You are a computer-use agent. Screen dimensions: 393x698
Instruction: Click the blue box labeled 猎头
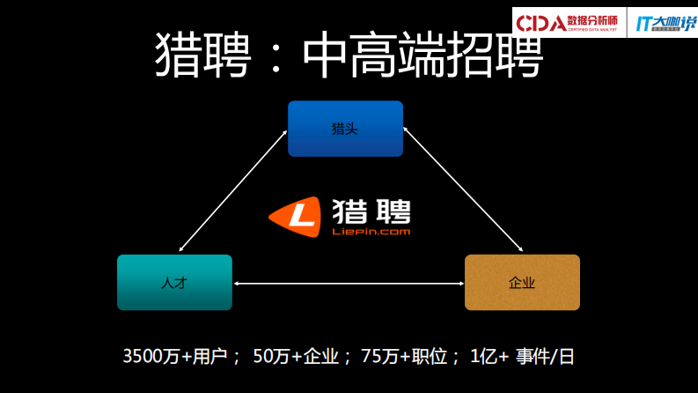345,129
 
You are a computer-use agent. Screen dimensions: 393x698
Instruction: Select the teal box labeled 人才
174,282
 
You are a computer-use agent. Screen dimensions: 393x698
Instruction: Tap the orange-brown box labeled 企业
522,282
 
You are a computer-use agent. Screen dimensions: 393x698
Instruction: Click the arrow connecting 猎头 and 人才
232,190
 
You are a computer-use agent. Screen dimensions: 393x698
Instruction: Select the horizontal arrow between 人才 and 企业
349,283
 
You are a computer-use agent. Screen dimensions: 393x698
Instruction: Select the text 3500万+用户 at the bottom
180,357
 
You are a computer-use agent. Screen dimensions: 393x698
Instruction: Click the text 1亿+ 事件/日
523,357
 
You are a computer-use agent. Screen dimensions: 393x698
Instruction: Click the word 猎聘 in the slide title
204,56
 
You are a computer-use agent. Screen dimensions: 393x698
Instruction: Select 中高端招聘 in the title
422,56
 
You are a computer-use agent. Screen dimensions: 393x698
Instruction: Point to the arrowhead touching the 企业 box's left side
460,283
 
